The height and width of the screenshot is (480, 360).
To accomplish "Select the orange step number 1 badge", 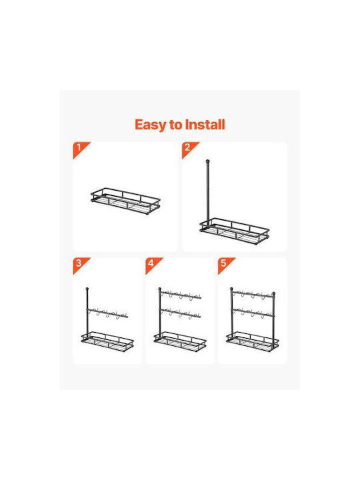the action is [x=80, y=149].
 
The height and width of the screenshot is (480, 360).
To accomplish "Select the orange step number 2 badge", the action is [x=189, y=149].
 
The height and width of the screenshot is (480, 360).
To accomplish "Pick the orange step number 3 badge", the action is [x=80, y=265].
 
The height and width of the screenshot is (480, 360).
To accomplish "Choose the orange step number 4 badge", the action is [x=153, y=265].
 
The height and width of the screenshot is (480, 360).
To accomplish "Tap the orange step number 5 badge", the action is [x=225, y=265].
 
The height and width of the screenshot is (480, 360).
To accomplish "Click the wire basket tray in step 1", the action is [x=125, y=201].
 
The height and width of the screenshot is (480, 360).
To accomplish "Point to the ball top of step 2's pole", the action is [x=207, y=161].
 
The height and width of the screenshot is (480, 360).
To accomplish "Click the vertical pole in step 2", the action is [x=207, y=193].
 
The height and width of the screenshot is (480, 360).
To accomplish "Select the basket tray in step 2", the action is [x=235, y=231].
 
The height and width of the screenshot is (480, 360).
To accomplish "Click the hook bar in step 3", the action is [x=107, y=313].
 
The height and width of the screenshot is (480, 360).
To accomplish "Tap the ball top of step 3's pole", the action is [x=87, y=289].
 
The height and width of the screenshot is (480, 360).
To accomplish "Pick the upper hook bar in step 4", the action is [x=180, y=295].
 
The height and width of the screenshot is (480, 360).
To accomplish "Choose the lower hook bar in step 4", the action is [x=180, y=314].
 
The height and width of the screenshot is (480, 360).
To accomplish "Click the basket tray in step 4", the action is [x=180, y=341].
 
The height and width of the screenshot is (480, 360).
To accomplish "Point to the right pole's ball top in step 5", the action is [x=274, y=293].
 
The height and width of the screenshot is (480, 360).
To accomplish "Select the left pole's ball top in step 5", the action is [x=231, y=289].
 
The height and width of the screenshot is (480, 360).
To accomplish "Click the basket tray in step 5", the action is [x=253, y=341].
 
